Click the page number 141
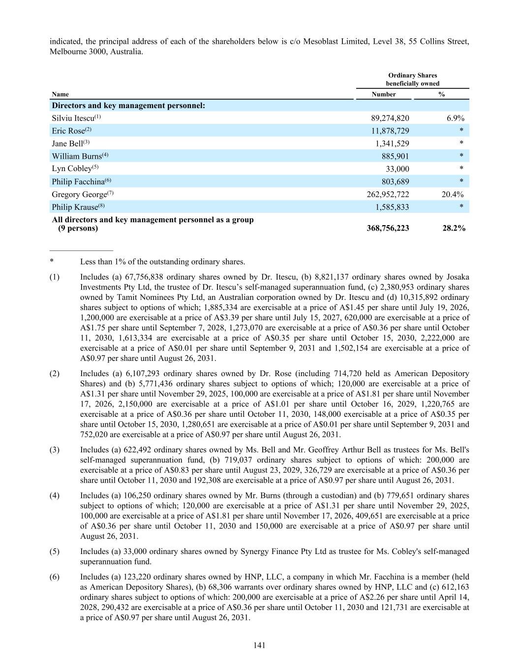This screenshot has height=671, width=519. [259, 645]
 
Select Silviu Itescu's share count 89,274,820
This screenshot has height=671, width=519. [390, 118]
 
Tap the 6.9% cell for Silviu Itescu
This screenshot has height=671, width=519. [455, 118]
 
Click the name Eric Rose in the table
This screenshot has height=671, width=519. [68, 131]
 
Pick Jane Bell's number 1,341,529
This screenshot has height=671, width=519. [392, 144]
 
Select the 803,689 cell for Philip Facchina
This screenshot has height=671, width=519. [395, 182]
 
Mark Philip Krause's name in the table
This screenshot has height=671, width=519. [75, 207]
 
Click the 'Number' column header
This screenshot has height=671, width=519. [384, 94]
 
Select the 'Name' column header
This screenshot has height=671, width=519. [61, 94]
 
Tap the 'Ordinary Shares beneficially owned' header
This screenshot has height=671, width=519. [412, 79]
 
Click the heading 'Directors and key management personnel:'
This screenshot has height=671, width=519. [128, 106]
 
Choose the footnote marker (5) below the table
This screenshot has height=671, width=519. [55, 552]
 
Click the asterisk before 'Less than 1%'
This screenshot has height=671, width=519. [52, 262]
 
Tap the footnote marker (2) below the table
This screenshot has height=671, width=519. [55, 374]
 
